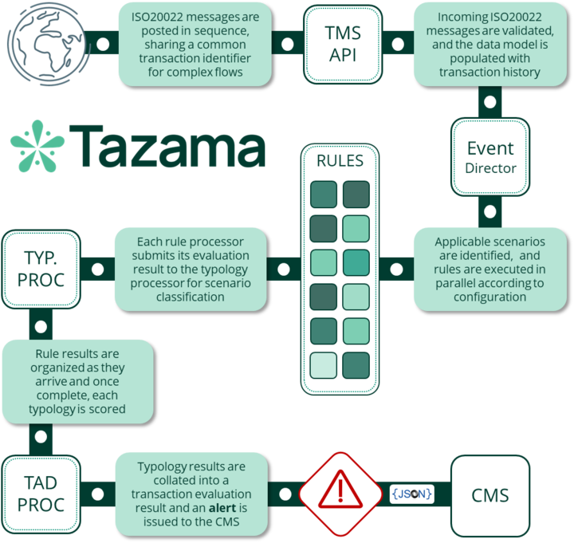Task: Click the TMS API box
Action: point(343,45)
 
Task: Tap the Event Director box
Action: point(490,157)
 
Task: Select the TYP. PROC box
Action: point(41,270)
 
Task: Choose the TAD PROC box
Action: point(41,494)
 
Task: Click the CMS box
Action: point(490,495)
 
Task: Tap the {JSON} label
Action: point(412,494)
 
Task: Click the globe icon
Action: point(48,43)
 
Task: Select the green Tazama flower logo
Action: point(37,146)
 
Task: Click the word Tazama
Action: point(167,146)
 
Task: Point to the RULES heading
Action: point(340,161)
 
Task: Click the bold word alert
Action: point(222,508)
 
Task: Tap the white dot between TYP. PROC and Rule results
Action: point(41,326)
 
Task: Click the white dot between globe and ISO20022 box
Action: point(103,44)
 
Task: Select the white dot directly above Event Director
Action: point(489,102)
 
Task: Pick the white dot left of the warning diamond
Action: point(285,494)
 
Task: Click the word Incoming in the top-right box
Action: point(462,18)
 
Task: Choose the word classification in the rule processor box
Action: point(191,297)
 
